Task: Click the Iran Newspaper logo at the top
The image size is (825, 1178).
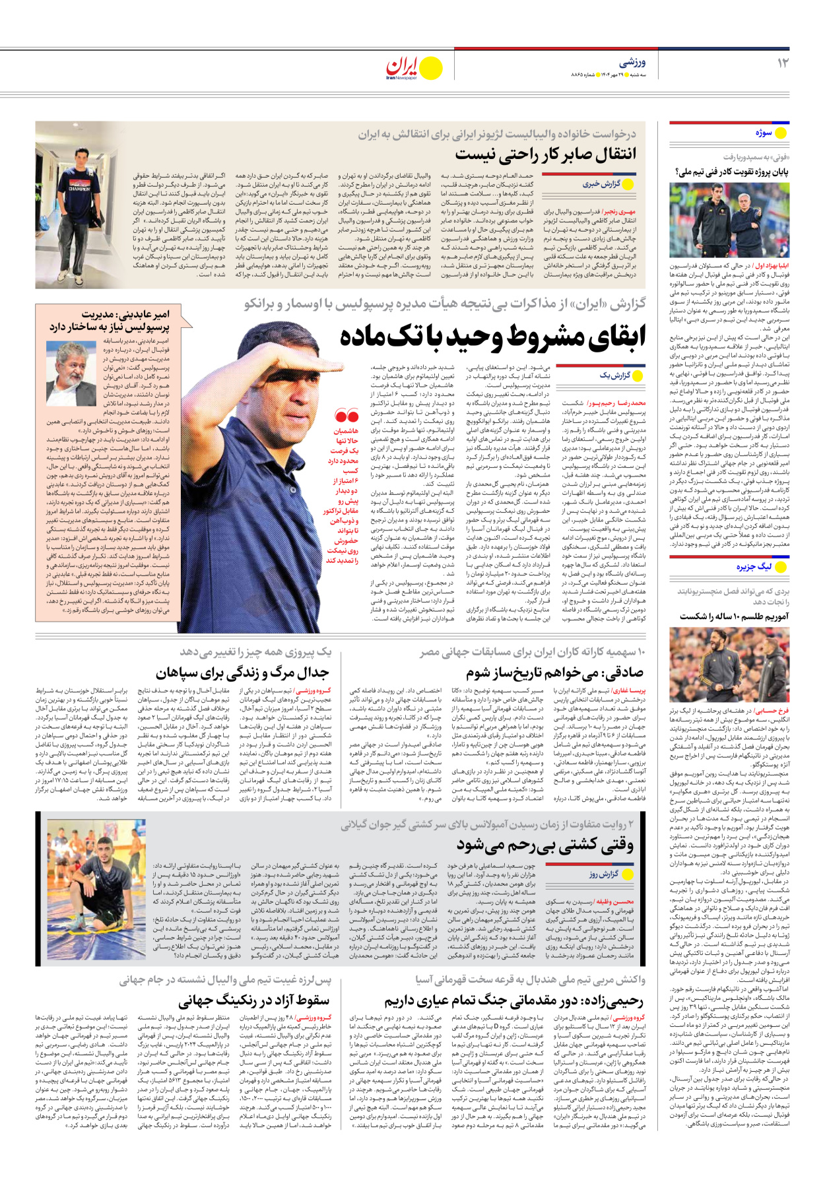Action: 414,67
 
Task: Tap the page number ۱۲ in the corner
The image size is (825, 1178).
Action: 782,63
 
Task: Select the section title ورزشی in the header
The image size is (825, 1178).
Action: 632,63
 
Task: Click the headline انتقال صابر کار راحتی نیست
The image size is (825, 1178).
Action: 546,155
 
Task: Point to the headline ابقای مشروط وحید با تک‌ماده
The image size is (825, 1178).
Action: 492,337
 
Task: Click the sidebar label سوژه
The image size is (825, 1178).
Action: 764,133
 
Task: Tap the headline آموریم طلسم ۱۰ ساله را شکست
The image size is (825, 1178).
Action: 734,616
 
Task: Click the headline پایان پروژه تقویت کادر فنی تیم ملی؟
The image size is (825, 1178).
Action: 731,172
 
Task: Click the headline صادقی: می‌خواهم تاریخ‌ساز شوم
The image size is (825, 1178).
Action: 554,673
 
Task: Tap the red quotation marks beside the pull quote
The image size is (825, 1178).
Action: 346,416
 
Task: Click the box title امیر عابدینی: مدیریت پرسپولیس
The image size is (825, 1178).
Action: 109,321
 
